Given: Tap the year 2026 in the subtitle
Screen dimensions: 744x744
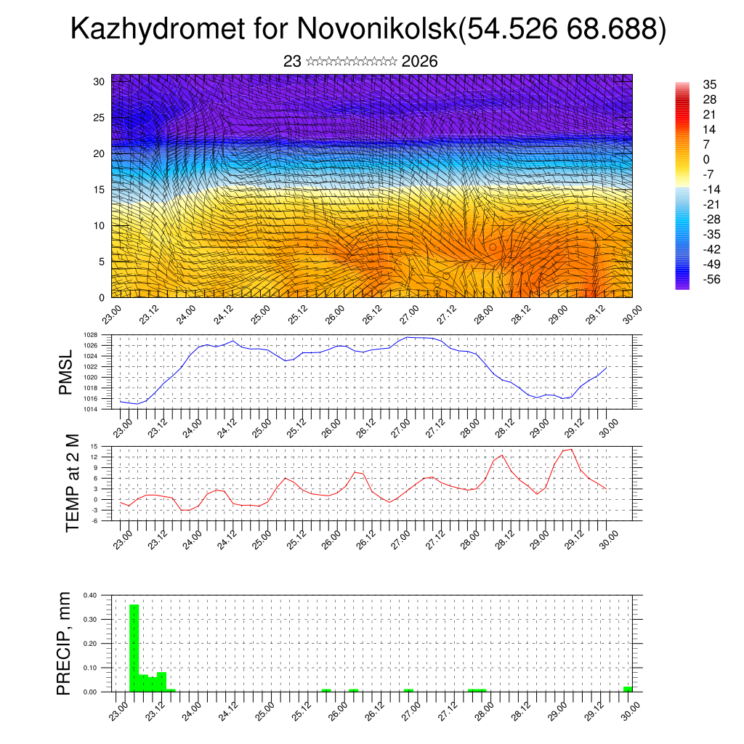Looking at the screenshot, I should click(419, 62).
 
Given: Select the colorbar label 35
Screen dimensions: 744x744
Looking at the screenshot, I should click(710, 85).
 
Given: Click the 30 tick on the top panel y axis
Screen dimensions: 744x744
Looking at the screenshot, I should click(99, 81).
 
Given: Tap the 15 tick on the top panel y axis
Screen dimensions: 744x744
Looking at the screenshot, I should click(99, 190).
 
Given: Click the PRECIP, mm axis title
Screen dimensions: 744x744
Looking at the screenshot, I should click(66, 643).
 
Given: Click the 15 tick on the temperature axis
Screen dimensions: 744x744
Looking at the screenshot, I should click(94, 446).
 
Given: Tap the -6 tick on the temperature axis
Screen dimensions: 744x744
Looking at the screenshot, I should click(94, 520).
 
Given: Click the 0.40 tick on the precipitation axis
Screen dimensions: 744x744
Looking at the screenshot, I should click(90, 595).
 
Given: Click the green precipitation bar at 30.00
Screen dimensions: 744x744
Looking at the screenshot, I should click(628, 689).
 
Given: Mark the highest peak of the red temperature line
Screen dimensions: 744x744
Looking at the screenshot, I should click(572, 449).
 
